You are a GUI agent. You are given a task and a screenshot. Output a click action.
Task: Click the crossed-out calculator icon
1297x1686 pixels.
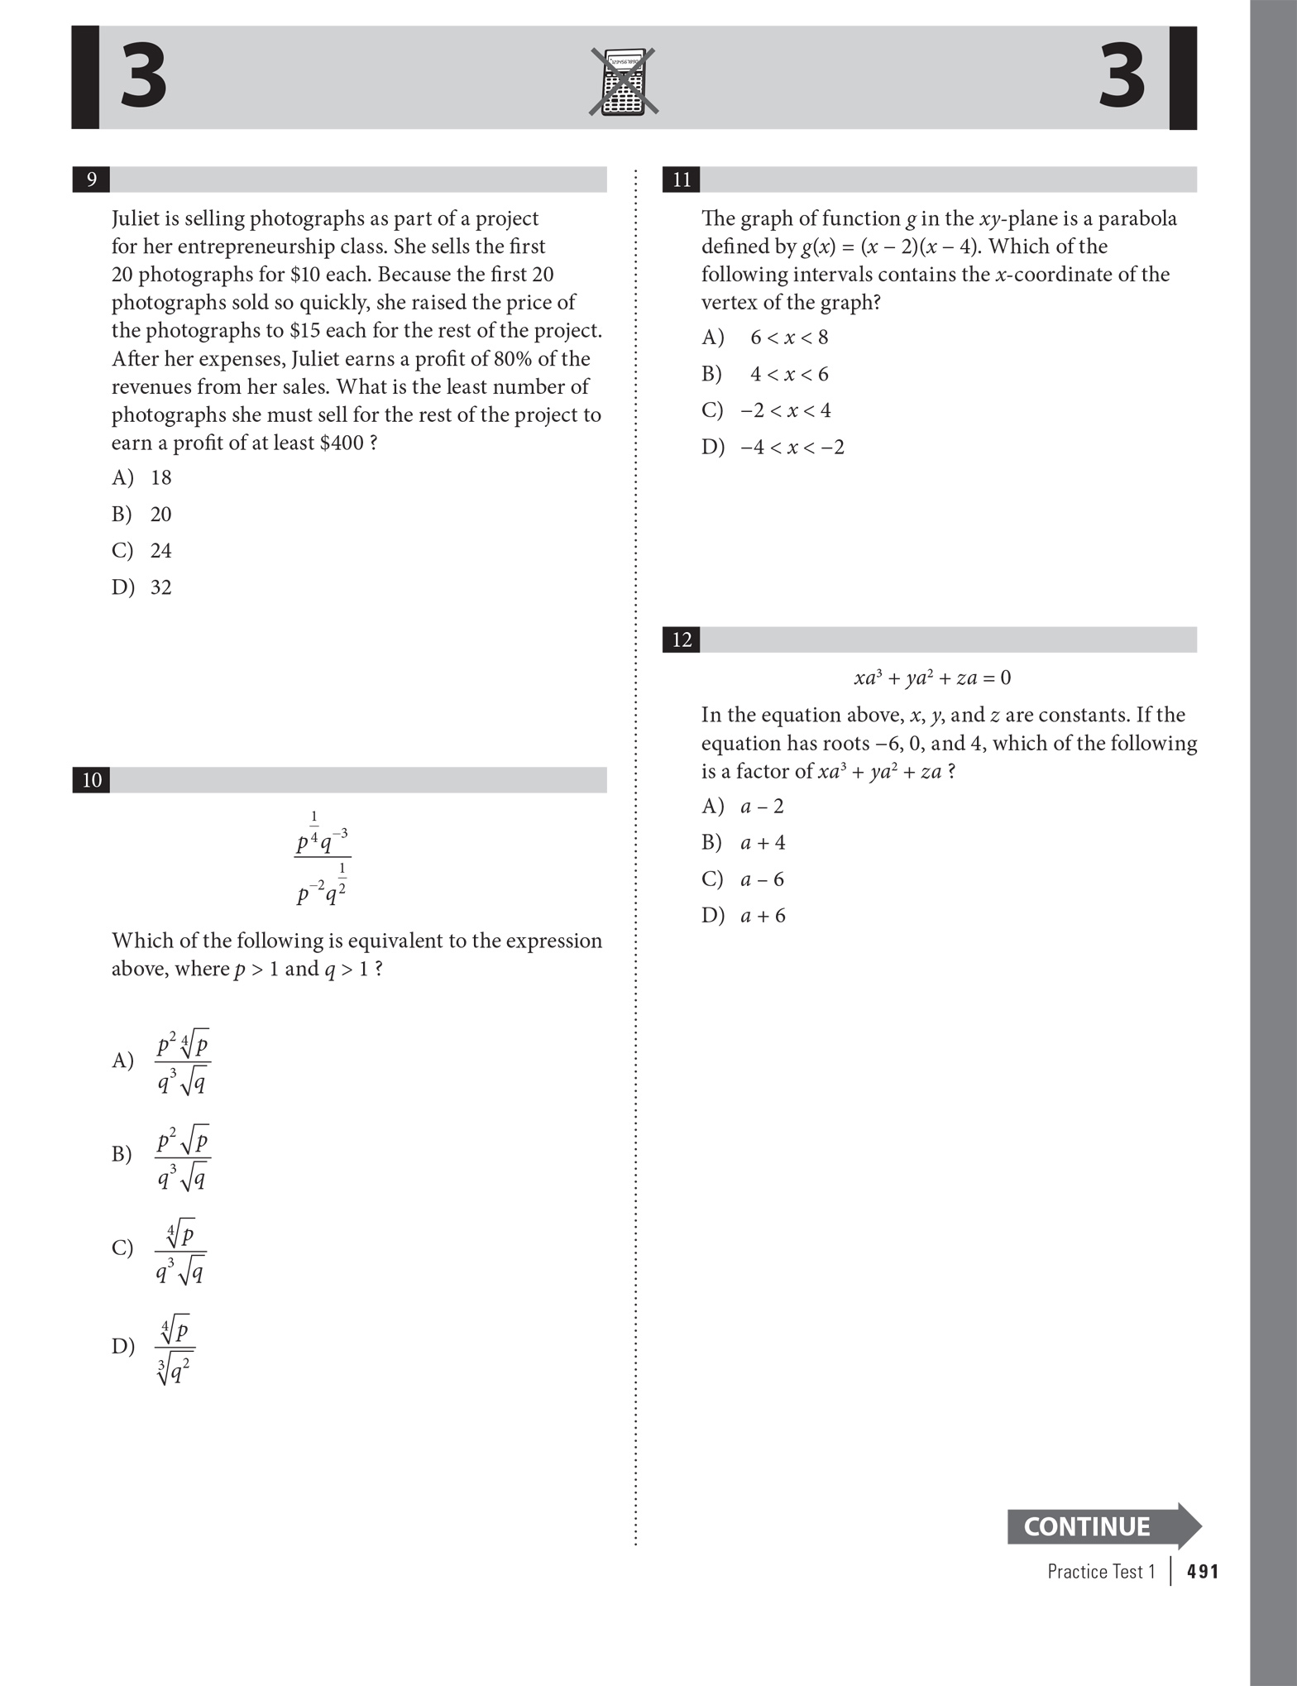pyautogui.click(x=624, y=81)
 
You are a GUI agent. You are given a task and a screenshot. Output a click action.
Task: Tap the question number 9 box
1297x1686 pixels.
pyautogui.click(x=91, y=180)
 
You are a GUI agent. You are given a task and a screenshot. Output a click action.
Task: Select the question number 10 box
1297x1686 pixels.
pyautogui.click(x=92, y=780)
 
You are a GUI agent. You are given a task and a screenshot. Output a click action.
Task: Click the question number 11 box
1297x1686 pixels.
pyautogui.click(x=682, y=180)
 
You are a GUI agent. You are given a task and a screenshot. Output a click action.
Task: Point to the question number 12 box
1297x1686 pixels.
pyautogui.click(x=682, y=639)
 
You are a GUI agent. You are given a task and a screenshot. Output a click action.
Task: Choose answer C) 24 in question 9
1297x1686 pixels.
pyautogui.click(x=142, y=551)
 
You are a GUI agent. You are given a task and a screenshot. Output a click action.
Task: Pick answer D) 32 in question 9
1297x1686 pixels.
pyautogui.click(x=142, y=587)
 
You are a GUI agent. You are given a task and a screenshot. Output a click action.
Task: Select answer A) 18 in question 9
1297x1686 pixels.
pyautogui.click(x=142, y=477)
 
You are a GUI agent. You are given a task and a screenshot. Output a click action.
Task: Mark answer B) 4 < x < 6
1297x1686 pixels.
pyautogui.click(x=765, y=374)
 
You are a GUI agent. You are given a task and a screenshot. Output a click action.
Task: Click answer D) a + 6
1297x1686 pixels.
pyautogui.click(x=744, y=916)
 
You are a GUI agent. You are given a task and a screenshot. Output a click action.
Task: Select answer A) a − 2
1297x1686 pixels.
pyautogui.click(x=743, y=807)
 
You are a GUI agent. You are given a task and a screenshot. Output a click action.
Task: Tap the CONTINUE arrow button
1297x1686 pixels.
pyautogui.click(x=1103, y=1526)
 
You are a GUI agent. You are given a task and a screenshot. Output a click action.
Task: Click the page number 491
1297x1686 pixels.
pyautogui.click(x=1202, y=1572)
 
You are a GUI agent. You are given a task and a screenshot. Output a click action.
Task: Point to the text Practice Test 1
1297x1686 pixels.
pyautogui.click(x=1100, y=1572)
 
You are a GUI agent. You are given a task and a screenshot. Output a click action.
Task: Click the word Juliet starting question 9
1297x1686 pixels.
pyautogui.click(x=137, y=218)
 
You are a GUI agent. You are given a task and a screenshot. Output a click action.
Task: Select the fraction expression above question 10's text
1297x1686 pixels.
pyautogui.click(x=323, y=858)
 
